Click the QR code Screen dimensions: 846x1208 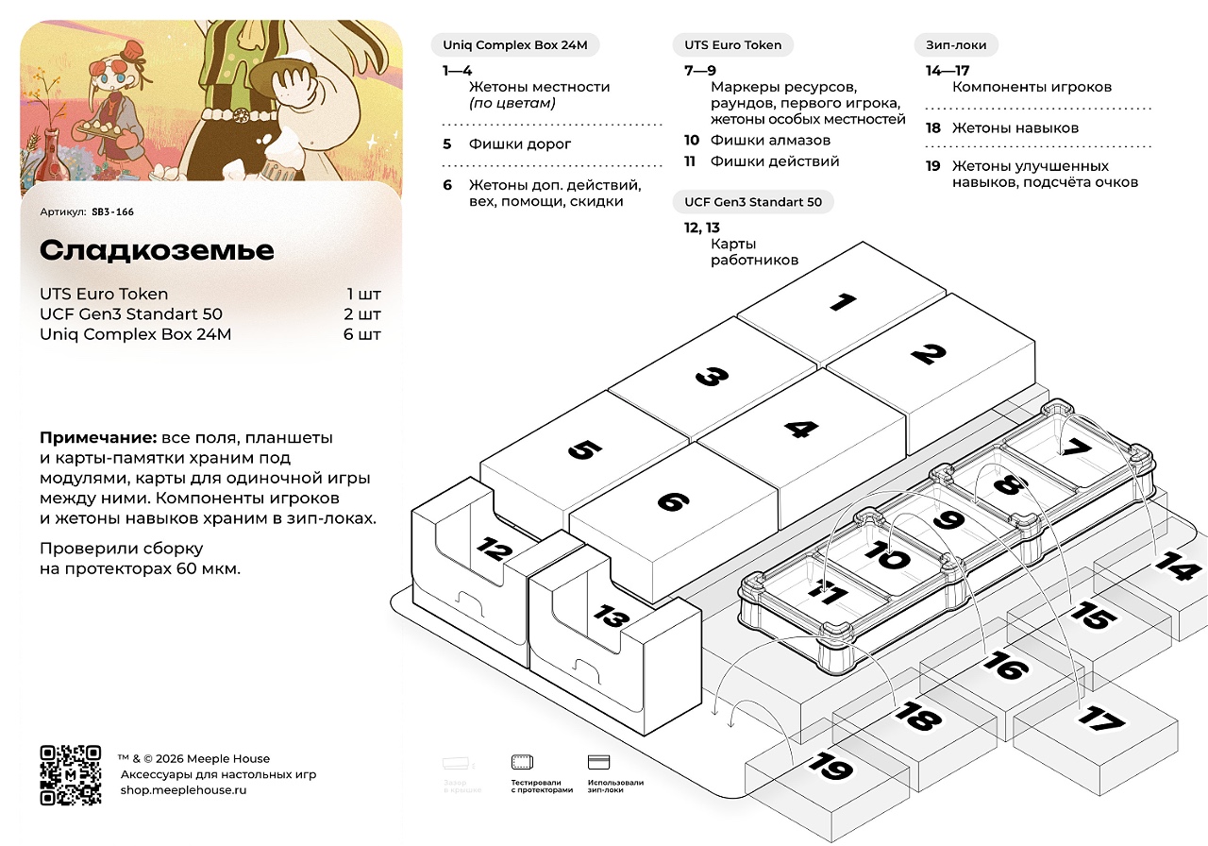[70, 775]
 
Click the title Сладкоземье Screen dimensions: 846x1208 [157, 250]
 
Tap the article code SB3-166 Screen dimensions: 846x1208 [112, 212]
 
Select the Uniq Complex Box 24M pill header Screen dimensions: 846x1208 [515, 45]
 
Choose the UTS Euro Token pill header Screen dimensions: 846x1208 [733, 45]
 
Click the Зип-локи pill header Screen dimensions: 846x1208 [956, 45]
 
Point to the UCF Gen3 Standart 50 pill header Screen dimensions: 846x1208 [753, 202]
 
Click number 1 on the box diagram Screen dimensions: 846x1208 [842, 303]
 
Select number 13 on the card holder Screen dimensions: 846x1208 [611, 618]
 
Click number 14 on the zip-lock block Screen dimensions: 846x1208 [1178, 568]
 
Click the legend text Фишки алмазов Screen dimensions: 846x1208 [770, 141]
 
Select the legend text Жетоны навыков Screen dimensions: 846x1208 [1015, 128]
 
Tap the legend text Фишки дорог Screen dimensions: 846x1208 [520, 144]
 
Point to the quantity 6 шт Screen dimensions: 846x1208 [362, 334]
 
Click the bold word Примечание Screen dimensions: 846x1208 [98, 438]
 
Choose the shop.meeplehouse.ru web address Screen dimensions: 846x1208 [183, 789]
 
